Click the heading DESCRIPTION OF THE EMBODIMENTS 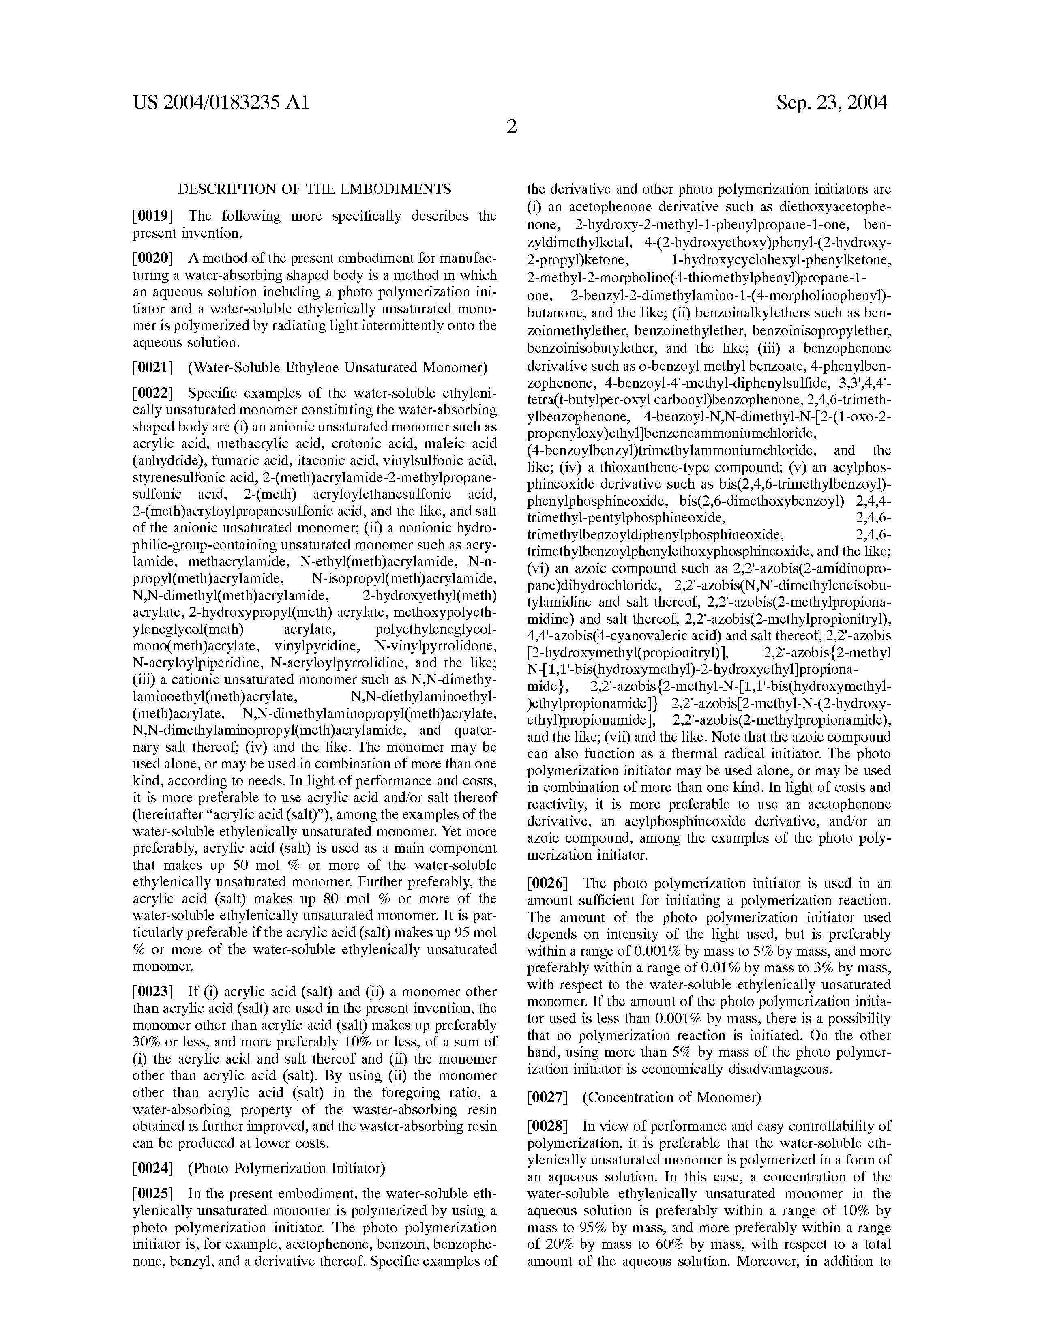pos(314,189)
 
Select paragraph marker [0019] pos(153,216)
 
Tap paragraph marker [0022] pos(153,393)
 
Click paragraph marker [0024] pos(153,1168)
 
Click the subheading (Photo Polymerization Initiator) pos(287,1168)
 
